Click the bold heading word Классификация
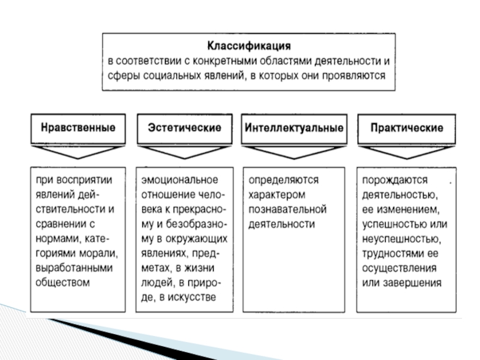pos(249,46)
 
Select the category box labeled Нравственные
pos(78,128)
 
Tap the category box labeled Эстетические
pos(185,128)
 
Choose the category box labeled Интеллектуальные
pos(294,128)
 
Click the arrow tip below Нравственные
pos(78,158)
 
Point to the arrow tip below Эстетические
pos(185,158)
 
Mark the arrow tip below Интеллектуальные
pos(294,158)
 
